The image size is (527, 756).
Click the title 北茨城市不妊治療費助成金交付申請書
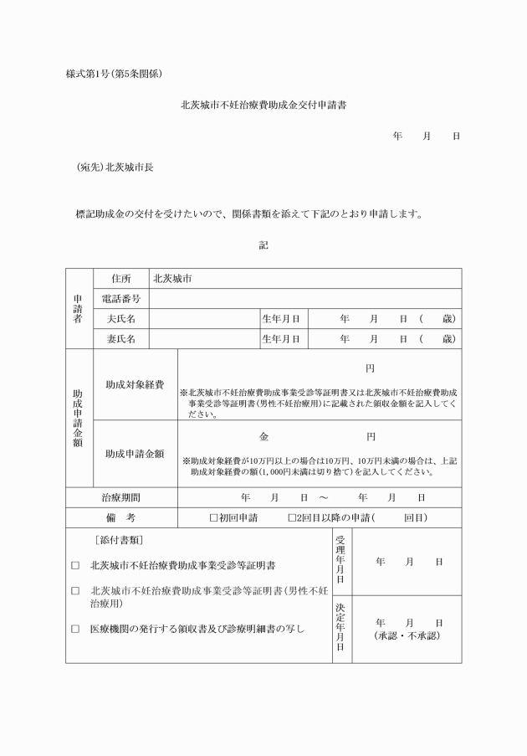pos(263,106)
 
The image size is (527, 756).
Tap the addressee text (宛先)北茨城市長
pos(115,167)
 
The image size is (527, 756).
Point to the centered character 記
pos(263,245)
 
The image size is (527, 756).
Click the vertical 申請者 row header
pos(78,309)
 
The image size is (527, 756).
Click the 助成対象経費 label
pos(135,385)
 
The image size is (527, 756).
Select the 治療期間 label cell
pos(121,497)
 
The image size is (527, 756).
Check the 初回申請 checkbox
pos(213,518)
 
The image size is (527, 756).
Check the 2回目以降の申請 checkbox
pos(292,518)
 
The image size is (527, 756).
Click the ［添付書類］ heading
pos(125,541)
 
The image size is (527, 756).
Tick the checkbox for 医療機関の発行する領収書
pos(75,629)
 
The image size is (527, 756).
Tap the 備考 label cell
pos(121,518)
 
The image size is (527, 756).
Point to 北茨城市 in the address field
pos(172,279)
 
